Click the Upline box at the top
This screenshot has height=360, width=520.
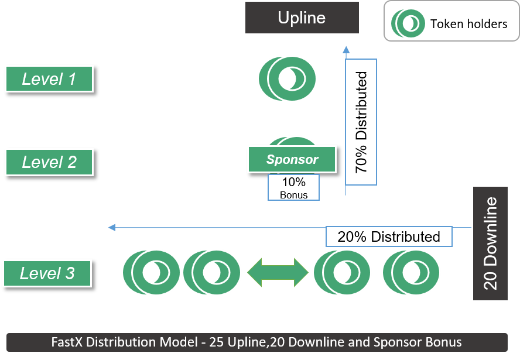[x=302, y=18]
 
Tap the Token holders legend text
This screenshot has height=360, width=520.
[x=468, y=24]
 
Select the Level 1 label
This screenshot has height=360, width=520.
[x=49, y=78]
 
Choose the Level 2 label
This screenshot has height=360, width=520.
[x=49, y=162]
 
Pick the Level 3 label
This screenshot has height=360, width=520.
[x=47, y=273]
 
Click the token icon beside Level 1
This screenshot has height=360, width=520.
[x=287, y=78]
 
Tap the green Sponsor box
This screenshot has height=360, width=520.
[x=292, y=159]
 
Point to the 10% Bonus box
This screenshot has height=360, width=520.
[x=293, y=188]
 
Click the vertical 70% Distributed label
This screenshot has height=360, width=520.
[x=361, y=122]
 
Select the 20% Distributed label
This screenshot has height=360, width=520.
[x=389, y=236]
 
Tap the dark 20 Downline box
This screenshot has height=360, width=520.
[x=491, y=244]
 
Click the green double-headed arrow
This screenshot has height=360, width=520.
[x=278, y=272]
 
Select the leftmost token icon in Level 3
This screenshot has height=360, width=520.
[x=150, y=272]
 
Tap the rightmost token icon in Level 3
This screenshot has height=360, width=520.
[x=411, y=272]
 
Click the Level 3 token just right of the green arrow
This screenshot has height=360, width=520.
[x=342, y=272]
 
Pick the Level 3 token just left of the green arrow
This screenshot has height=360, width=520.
[x=211, y=272]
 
